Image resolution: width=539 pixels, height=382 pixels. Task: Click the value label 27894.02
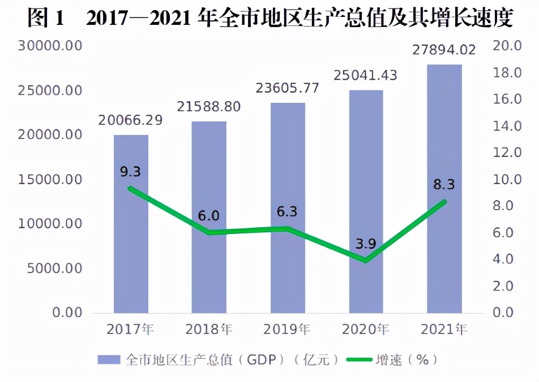(x=444, y=50)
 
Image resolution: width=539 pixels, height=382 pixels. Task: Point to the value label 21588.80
(x=208, y=107)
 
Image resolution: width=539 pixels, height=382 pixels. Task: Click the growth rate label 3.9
(x=366, y=244)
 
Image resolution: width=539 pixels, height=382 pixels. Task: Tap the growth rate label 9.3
(x=130, y=172)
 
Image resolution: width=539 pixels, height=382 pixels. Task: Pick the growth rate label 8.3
(x=444, y=185)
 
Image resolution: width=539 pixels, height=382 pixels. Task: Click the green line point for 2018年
(x=209, y=232)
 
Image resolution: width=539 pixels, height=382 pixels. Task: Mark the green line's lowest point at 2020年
(x=366, y=261)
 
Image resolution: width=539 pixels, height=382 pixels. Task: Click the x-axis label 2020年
(x=366, y=329)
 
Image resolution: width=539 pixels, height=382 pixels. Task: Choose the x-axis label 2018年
(x=209, y=329)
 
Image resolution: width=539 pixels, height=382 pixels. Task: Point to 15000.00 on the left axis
(x=50, y=180)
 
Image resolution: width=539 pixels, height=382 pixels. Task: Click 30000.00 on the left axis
(x=50, y=46)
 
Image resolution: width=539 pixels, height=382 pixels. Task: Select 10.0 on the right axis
(x=507, y=180)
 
